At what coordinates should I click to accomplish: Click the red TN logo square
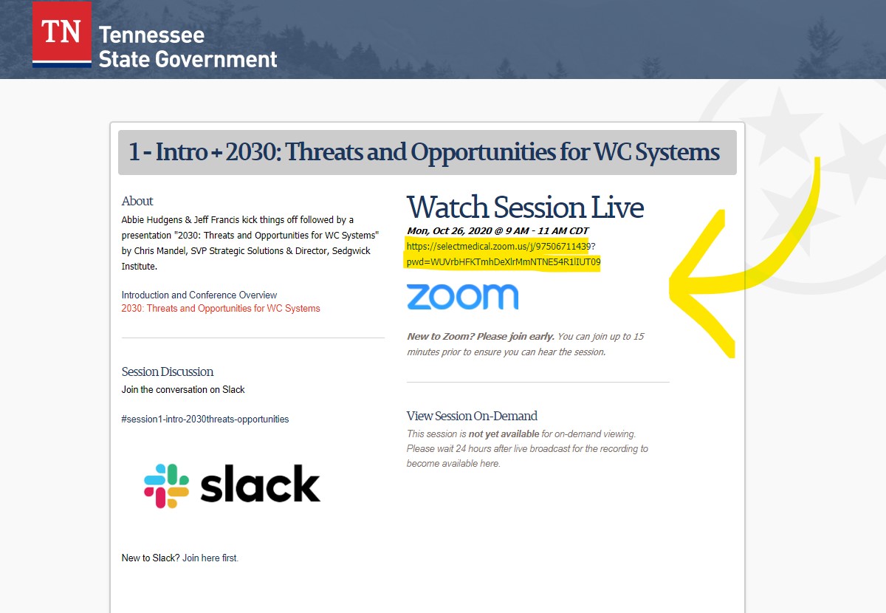coord(62,31)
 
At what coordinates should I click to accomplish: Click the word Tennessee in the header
coord(151,35)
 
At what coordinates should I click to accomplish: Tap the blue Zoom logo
coord(462,296)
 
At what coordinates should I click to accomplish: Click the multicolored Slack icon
coord(167,485)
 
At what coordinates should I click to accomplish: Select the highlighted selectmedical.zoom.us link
coord(504,254)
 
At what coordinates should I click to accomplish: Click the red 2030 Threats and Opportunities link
coord(221,308)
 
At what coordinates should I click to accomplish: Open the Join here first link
coord(210,558)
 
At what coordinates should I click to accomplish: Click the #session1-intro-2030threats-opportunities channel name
coord(205,419)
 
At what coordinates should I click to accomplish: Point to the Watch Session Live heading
coord(525,207)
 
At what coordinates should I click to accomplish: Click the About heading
coord(137,201)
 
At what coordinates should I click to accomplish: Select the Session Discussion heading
coord(168,371)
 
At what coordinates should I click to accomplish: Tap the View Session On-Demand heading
coord(472,416)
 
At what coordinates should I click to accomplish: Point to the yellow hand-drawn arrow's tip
coord(670,286)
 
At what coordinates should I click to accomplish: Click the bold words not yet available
coord(504,434)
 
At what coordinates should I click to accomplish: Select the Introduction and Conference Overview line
coord(199,295)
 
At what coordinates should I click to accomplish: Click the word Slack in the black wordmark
coord(260,484)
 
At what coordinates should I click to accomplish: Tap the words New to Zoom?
coord(440,336)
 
